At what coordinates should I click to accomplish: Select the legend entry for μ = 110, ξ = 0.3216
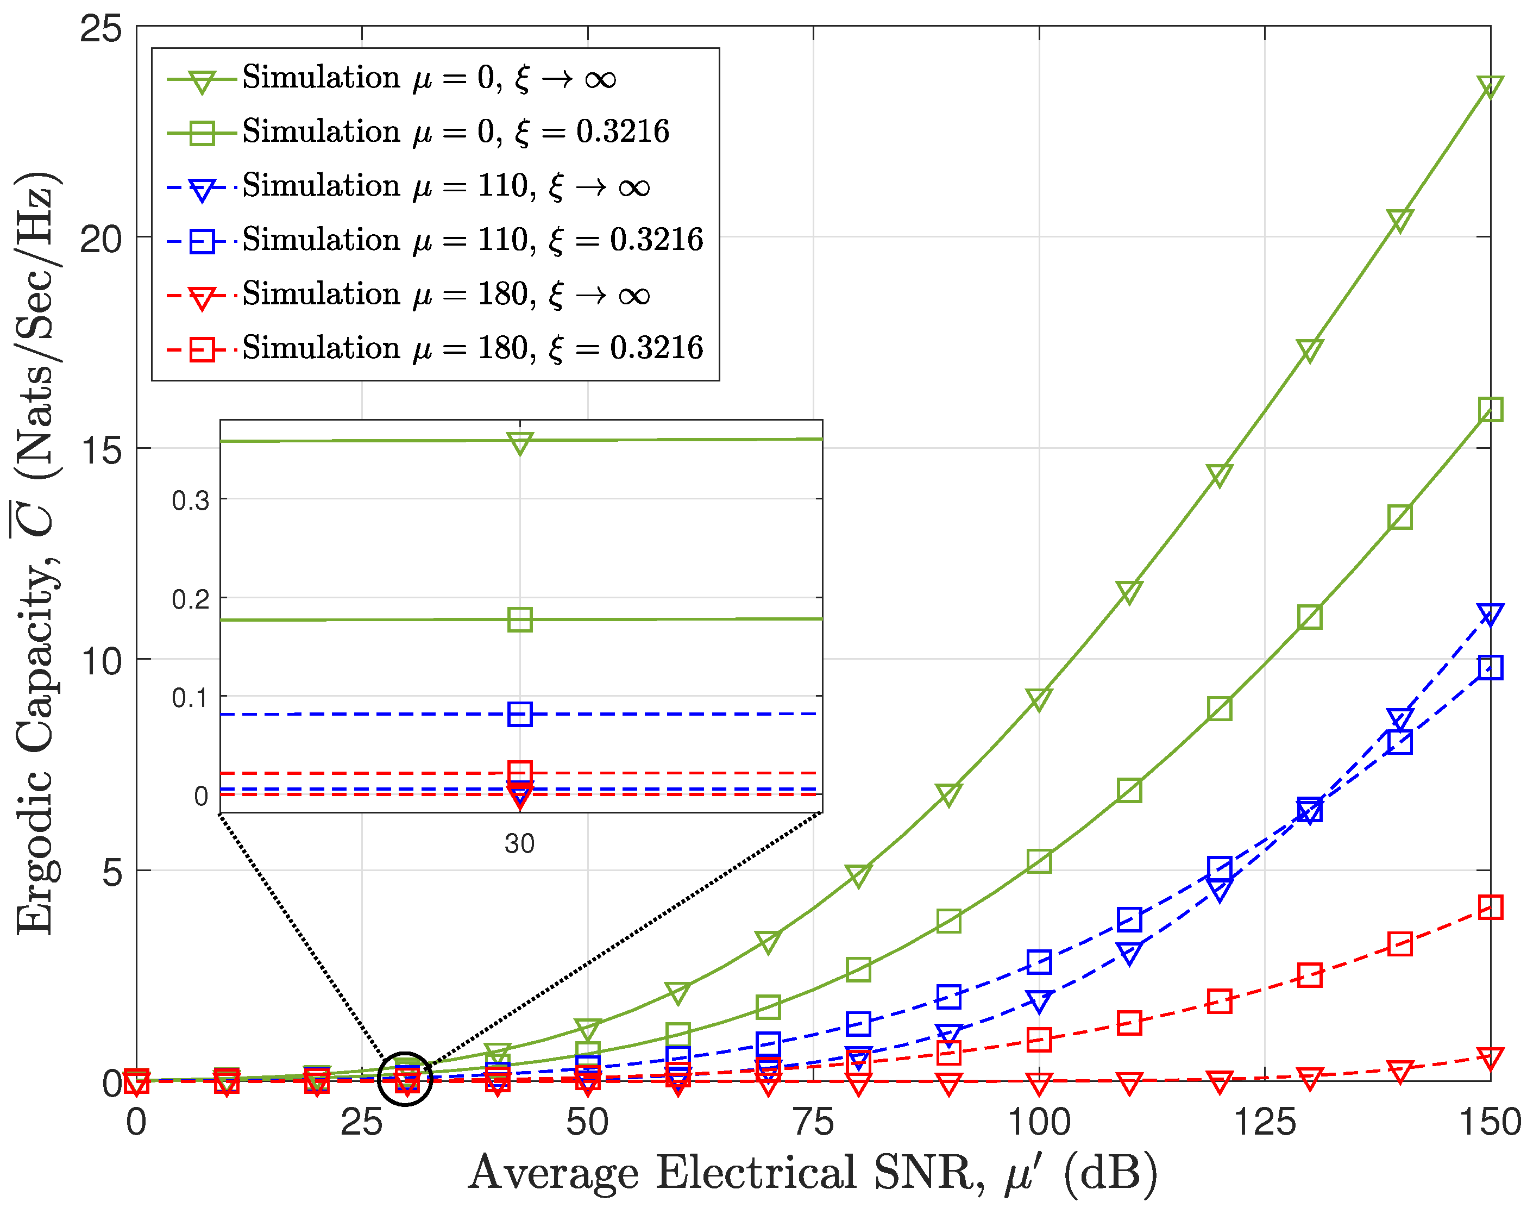pyautogui.click(x=472, y=241)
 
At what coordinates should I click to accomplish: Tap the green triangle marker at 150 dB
pyautogui.click(x=1490, y=86)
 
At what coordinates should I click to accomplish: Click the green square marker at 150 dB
pyautogui.click(x=1490, y=410)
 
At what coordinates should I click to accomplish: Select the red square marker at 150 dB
pyautogui.click(x=1490, y=907)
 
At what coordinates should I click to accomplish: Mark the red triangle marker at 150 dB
pyautogui.click(x=1490, y=1058)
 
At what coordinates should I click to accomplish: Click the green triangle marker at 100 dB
pyautogui.click(x=1039, y=699)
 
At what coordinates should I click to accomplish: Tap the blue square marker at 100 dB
pyautogui.click(x=1039, y=962)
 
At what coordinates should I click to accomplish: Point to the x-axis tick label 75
pyautogui.click(x=813, y=1123)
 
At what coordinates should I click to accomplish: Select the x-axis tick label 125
pyautogui.click(x=1264, y=1123)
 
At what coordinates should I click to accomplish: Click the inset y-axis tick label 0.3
pyautogui.click(x=190, y=500)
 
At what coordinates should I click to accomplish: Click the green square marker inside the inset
pyautogui.click(x=520, y=619)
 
